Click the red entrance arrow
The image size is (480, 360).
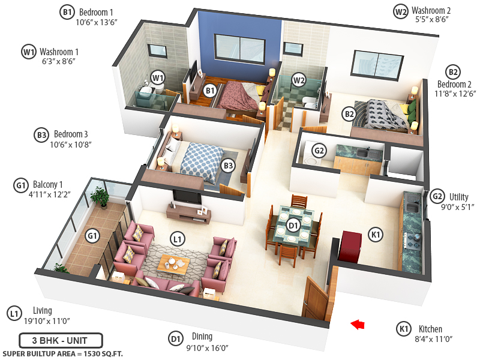pyautogui.click(x=358, y=325)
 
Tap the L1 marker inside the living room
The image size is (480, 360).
pyautogui.click(x=176, y=239)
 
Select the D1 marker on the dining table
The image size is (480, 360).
pyautogui.click(x=293, y=226)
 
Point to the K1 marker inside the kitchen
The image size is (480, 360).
pyautogui.click(x=376, y=235)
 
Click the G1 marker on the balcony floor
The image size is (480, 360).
pyautogui.click(x=91, y=236)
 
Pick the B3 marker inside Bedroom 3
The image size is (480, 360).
pyautogui.click(x=228, y=166)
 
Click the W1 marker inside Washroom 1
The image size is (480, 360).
pyautogui.click(x=158, y=77)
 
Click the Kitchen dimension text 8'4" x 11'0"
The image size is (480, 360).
pyautogui.click(x=431, y=339)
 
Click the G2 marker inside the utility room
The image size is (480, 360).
pyautogui.click(x=319, y=151)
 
